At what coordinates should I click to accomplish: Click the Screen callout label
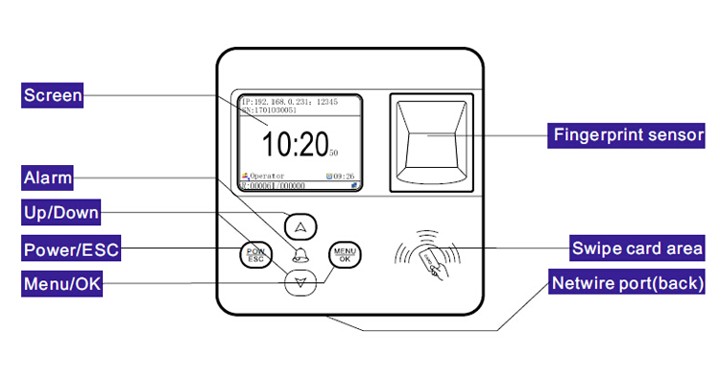[53, 95]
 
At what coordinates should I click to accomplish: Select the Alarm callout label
[48, 177]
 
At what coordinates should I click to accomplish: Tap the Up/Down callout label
[61, 212]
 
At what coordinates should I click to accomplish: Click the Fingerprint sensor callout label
[628, 135]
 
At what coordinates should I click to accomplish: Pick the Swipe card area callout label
[637, 248]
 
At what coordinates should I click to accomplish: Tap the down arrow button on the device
[301, 282]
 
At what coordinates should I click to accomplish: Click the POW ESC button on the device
[255, 255]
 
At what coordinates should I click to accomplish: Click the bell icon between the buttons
[301, 255]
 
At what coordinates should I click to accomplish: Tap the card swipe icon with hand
[428, 258]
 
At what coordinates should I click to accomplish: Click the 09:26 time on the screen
[344, 177]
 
